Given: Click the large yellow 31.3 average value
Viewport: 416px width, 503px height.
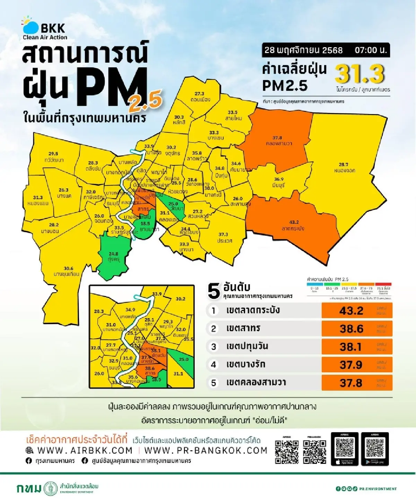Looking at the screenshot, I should coord(359,74).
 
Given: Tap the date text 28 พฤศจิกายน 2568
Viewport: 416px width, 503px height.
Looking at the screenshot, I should coord(303,50).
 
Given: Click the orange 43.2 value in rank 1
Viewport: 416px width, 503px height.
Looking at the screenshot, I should coord(351,310).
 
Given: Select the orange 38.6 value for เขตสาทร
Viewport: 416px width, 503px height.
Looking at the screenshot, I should coord(351,329).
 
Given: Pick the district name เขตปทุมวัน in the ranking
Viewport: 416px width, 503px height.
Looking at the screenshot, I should coord(247,346).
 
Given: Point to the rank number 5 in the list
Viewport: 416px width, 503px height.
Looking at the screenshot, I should coord(214,383).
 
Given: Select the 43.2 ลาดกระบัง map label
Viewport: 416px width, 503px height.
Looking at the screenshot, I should coord(293,225).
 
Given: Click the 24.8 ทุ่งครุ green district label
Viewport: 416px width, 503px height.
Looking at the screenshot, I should coord(113,257).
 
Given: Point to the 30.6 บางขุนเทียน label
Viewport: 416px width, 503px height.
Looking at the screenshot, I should coord(67,271).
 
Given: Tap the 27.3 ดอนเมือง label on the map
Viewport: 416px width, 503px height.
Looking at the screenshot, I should coord(200,97).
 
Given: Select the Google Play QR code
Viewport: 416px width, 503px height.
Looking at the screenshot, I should coord(375,448).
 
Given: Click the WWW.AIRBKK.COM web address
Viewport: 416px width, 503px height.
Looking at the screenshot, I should coord(85,450).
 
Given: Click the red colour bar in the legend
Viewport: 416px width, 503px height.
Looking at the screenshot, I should coord(383,284).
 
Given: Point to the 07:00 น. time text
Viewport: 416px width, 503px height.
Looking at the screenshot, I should coord(370,50).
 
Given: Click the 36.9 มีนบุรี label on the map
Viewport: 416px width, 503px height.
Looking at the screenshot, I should coord(279,182).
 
